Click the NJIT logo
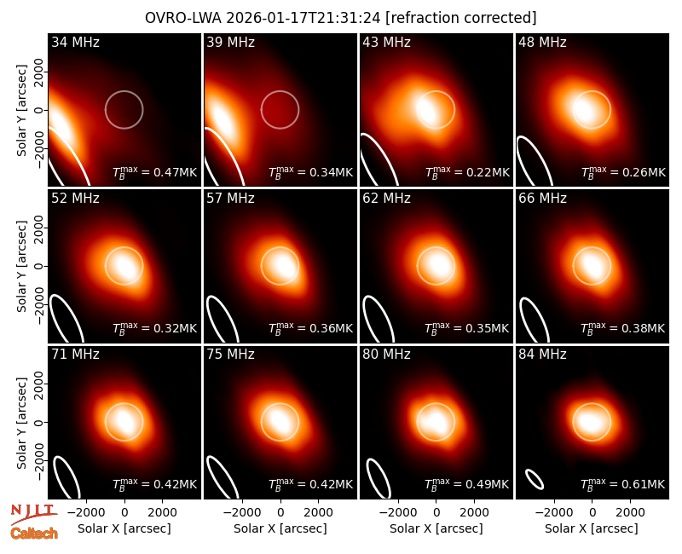tap(33, 514)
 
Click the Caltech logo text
tap(34, 534)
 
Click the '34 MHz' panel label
tap(75, 42)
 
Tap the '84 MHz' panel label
tap(542, 354)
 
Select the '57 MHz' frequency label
tap(230, 199)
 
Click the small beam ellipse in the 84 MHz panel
tap(535, 479)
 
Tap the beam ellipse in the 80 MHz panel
tap(379, 478)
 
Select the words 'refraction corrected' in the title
tap(461, 18)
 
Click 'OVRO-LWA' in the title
tap(183, 18)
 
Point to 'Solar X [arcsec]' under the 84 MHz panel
tap(592, 528)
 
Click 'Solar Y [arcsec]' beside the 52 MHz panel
tap(21, 266)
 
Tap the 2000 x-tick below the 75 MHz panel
tap(318, 512)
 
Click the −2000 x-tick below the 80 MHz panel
tap(394, 512)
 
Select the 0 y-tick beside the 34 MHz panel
tap(38, 110)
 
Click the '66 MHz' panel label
tap(542, 199)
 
